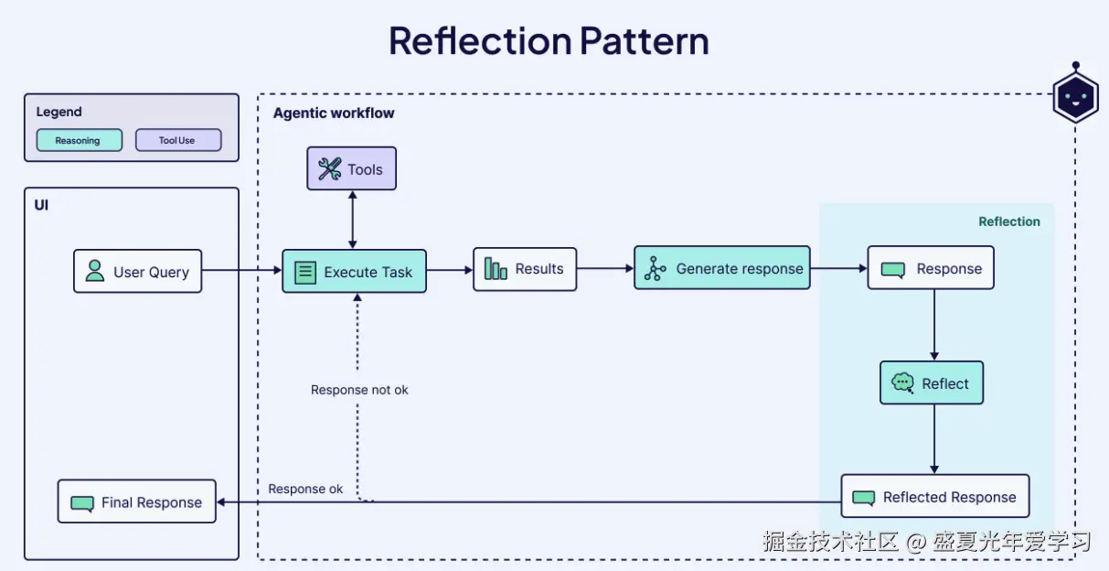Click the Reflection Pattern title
click(x=549, y=42)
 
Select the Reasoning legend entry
click(x=79, y=141)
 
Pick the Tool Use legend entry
click(x=177, y=141)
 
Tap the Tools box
click(x=351, y=169)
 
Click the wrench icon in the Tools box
click(x=329, y=169)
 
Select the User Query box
click(x=137, y=272)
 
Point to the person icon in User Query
click(x=94, y=271)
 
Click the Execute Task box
click(x=354, y=272)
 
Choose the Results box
click(x=524, y=269)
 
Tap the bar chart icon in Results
click(x=496, y=269)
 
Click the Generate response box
click(x=721, y=269)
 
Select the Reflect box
click(x=931, y=383)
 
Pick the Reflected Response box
click(x=934, y=497)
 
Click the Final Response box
click(x=137, y=502)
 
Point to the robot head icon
click(x=1074, y=95)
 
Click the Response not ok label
click(x=359, y=390)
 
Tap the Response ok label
click(x=305, y=490)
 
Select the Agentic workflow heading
click(x=334, y=113)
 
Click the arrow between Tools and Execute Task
click(x=352, y=219)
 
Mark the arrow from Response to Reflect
click(x=933, y=325)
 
